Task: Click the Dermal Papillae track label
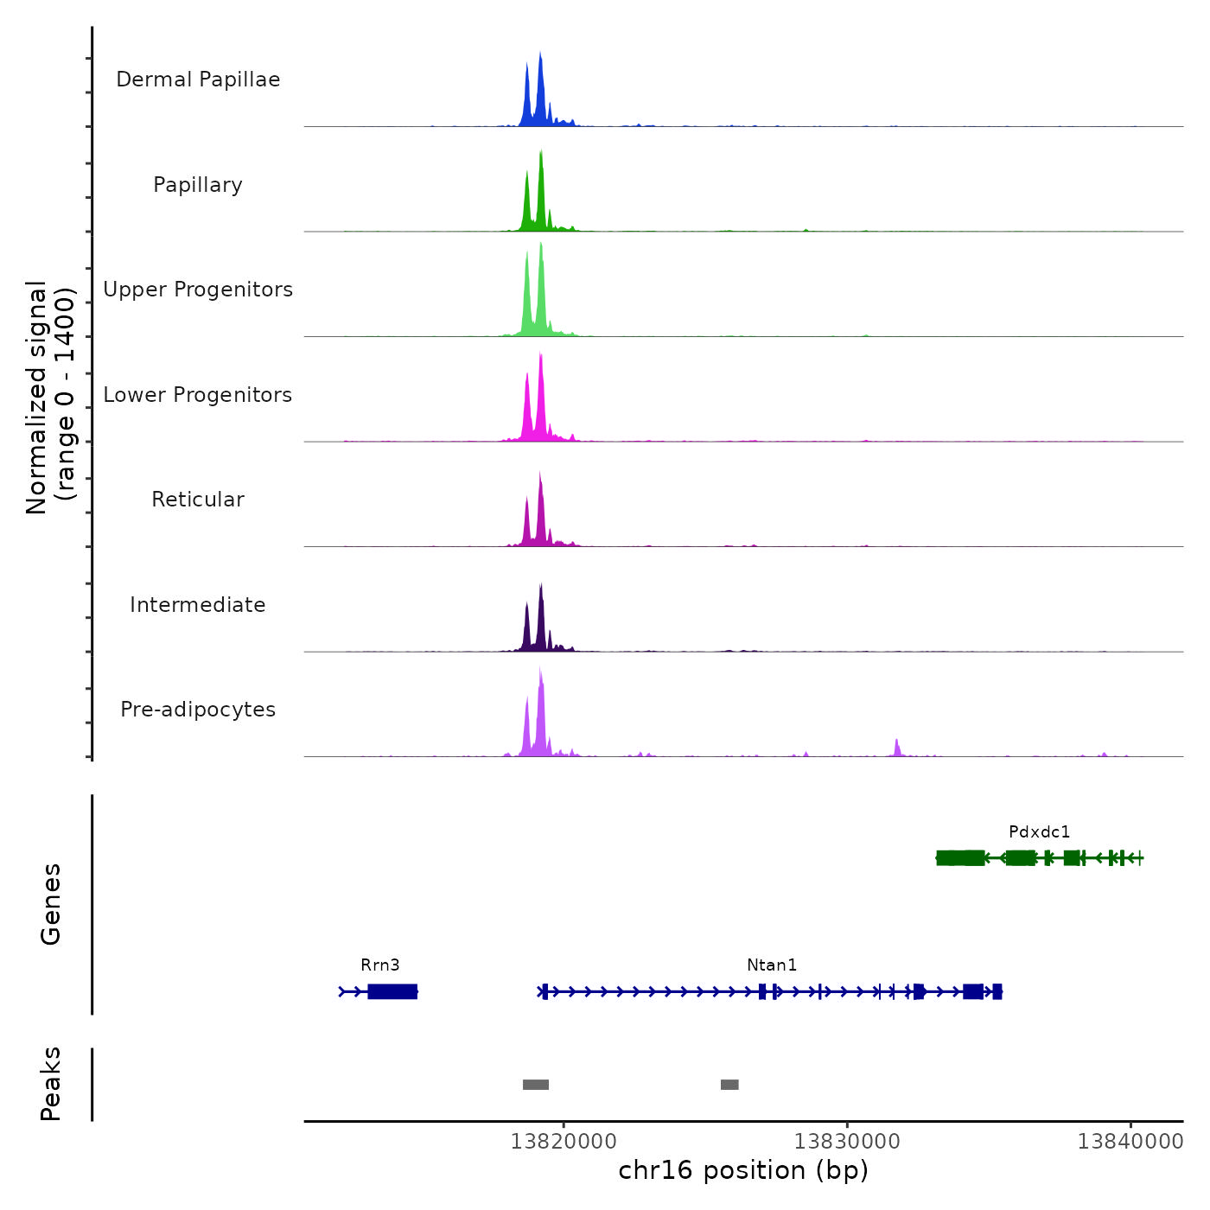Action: pos(198,80)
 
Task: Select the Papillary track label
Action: pos(198,185)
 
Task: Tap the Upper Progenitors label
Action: pos(198,290)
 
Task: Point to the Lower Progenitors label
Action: pos(198,395)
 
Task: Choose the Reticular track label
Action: pos(198,500)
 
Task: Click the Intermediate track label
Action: pos(198,605)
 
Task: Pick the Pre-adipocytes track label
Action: pos(198,710)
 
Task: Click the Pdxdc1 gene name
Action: pos(1039,831)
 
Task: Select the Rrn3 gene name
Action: pos(380,965)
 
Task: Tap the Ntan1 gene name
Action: pos(772,965)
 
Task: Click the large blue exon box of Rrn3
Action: pos(392,991)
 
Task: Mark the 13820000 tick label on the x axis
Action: pos(564,1141)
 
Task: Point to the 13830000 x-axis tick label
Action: pos(847,1141)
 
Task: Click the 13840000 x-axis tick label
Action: pos(1130,1141)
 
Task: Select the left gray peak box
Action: pos(536,1085)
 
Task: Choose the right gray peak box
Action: pos(729,1085)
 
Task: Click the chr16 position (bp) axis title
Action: pos(743,1170)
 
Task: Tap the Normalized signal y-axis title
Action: pos(50,398)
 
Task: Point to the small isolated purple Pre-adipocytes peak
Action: pos(897,748)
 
